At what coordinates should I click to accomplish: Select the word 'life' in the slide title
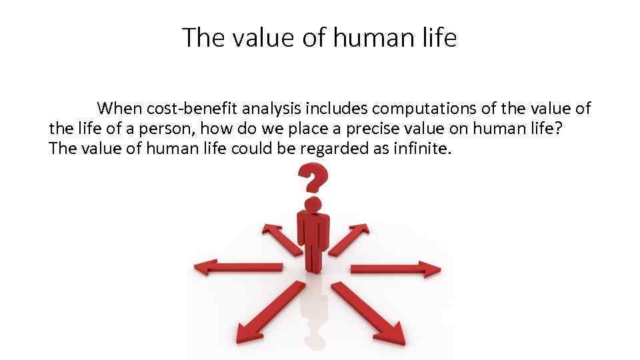click(x=440, y=38)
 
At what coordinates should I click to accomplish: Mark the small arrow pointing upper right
click(x=349, y=239)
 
